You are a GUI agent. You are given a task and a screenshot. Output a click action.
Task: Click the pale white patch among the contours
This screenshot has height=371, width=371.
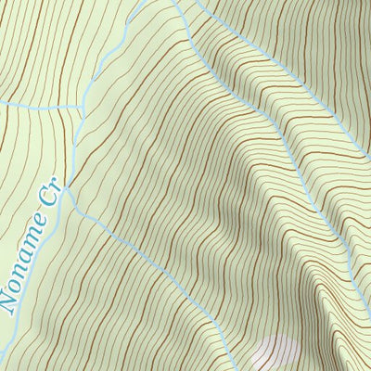(278, 353)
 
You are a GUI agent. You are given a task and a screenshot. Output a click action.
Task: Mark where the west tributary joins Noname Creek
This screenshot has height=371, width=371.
(78, 109)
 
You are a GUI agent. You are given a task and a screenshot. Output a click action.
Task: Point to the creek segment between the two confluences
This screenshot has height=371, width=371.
(72, 148)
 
